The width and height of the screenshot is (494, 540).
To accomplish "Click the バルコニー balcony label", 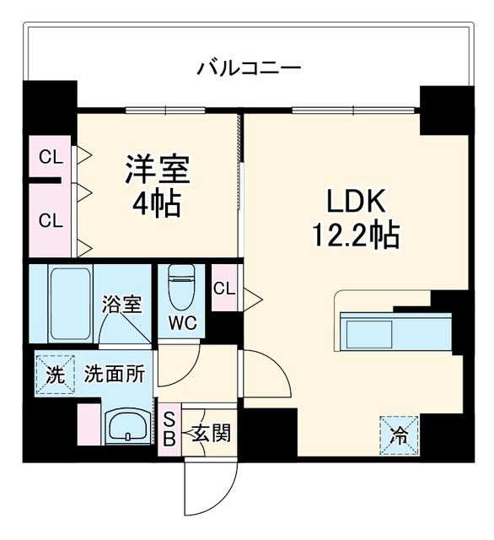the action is pyautogui.click(x=249, y=67).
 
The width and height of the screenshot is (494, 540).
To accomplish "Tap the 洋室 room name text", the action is pyautogui.click(x=158, y=170).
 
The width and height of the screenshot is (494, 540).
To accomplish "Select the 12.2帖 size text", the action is pyautogui.click(x=356, y=235).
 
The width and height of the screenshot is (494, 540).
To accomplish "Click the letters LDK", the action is pyautogui.click(x=356, y=201).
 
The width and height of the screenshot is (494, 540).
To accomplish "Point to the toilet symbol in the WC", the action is pyautogui.click(x=181, y=287).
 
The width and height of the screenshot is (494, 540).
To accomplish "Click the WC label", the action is pyautogui.click(x=183, y=323).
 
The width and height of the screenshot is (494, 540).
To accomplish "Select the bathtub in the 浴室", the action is pyautogui.click(x=71, y=303).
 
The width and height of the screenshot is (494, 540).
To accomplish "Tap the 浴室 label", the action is pyautogui.click(x=121, y=304).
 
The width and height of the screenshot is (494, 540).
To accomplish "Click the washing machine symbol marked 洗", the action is pyautogui.click(x=55, y=374).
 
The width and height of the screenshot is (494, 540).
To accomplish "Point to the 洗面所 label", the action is pyautogui.click(x=115, y=373).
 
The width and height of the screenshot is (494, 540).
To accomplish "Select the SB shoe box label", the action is pyautogui.click(x=169, y=429).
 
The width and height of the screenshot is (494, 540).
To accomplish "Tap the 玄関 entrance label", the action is pyautogui.click(x=211, y=433).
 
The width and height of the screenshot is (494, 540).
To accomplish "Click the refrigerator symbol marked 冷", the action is pyautogui.click(x=399, y=435).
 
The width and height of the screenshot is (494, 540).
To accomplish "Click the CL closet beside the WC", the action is pyautogui.click(x=224, y=288).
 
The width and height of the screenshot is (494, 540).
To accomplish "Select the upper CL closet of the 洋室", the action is pyautogui.click(x=51, y=157).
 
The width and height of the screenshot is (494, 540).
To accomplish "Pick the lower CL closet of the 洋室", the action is pyautogui.click(x=51, y=220).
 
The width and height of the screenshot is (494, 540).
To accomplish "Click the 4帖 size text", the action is pyautogui.click(x=157, y=203).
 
